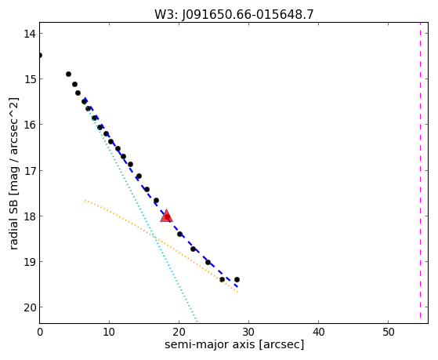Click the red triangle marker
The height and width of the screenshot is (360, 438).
pos(166,216)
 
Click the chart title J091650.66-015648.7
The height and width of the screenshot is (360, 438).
pos(248,15)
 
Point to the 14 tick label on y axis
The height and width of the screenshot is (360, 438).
pos(30,34)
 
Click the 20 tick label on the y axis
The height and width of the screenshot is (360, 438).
pos(30,307)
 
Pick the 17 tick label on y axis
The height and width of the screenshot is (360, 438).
pos(30,171)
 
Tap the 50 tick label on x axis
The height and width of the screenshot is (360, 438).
pos(389,332)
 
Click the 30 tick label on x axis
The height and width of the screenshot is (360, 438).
pos(248,332)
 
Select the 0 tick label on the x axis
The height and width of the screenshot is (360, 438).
pos(40,332)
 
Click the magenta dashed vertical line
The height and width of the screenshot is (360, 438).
pos(420,170)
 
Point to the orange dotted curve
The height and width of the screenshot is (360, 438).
pos(155,238)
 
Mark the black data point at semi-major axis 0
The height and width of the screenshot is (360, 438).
pos(40,56)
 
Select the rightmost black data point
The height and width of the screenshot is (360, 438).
pos(237,279)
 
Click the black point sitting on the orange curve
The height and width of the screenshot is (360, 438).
pos(222,279)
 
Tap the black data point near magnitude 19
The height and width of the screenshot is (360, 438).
pos(208,263)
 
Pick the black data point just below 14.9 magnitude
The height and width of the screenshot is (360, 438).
pos(68,75)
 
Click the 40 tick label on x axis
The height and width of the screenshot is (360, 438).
pos(318,332)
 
